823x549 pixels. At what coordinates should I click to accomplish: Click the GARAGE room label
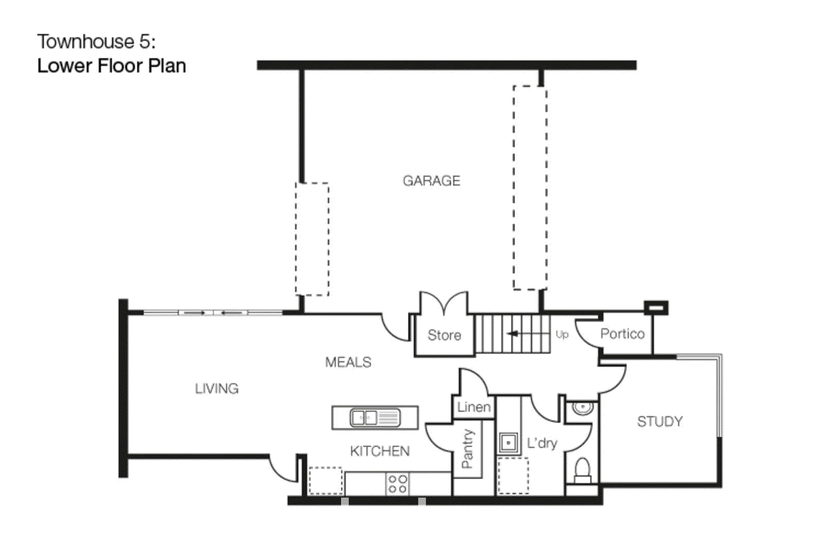[x=432, y=181]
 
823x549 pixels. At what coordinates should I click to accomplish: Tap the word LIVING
[x=217, y=388]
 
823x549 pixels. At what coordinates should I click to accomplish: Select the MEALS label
[x=348, y=362]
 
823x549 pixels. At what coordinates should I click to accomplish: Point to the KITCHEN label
[x=380, y=451]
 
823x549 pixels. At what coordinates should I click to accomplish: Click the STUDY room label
[x=660, y=421]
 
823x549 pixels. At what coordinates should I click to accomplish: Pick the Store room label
[x=444, y=335]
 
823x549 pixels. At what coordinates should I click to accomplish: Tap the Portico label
[x=622, y=333]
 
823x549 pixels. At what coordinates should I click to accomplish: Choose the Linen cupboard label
[x=474, y=407]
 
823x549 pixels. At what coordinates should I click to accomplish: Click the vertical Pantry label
[x=468, y=449]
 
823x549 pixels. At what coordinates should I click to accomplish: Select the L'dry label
[x=542, y=443]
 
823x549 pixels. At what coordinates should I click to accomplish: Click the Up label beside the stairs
[x=562, y=335]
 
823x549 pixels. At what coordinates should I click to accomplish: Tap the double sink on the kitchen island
[x=375, y=418]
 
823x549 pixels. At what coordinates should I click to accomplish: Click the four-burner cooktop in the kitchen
[x=397, y=484]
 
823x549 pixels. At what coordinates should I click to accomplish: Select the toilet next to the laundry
[x=582, y=470]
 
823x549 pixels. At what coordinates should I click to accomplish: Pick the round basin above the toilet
[x=582, y=408]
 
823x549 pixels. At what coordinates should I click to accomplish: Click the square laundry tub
[x=509, y=443]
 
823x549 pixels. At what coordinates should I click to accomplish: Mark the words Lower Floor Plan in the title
[x=112, y=66]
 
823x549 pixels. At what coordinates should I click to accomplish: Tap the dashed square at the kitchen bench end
[x=326, y=481]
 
